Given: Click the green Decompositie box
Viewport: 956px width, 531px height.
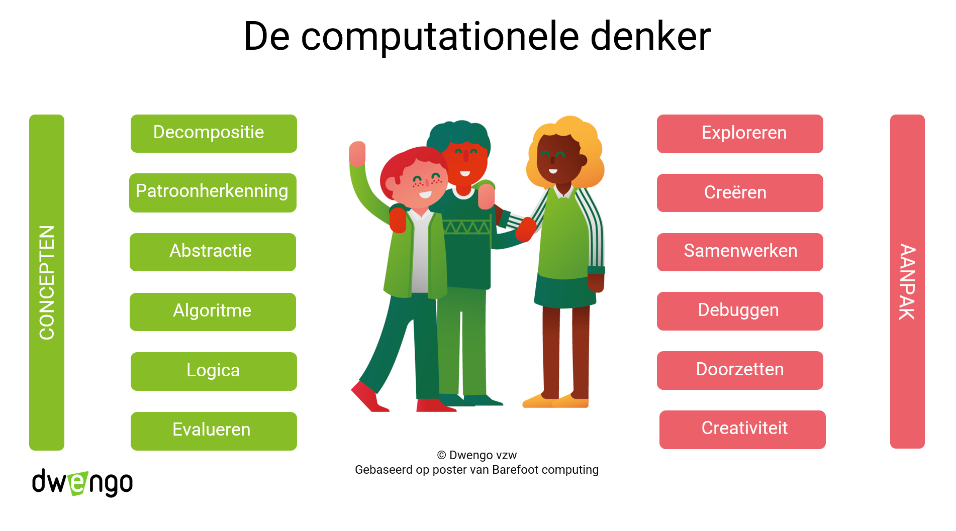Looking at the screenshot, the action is [x=214, y=134].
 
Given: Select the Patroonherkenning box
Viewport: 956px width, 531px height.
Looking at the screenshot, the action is [x=213, y=193].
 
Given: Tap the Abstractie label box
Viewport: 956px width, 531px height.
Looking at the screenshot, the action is [x=213, y=252].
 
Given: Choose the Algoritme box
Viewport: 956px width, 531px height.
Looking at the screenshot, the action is [x=213, y=312].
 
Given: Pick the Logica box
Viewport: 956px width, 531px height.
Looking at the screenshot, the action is [x=214, y=371].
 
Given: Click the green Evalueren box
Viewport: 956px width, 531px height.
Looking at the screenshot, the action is [x=214, y=431].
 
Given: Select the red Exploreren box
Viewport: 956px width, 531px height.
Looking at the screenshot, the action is [x=740, y=134].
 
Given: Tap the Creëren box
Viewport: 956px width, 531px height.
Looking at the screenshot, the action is [x=740, y=193].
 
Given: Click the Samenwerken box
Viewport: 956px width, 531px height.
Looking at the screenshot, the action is [x=740, y=252].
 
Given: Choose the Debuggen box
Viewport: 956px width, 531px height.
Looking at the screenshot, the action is [x=740, y=311].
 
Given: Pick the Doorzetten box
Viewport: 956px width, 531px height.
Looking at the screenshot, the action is [x=740, y=370].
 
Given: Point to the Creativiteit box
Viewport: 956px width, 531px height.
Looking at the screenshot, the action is [x=742, y=430].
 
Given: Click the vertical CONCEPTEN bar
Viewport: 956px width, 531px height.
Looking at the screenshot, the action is [x=47, y=282].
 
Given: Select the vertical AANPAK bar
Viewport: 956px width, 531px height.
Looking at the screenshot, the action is [x=907, y=281].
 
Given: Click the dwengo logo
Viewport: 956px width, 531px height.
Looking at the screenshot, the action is [x=82, y=482].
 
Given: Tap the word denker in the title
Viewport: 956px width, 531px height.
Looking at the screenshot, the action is [x=650, y=36].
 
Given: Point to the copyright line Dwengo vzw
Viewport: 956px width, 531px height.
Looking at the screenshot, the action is [x=476, y=455].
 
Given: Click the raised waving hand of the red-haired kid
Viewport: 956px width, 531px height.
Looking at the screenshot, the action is [x=357, y=153].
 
